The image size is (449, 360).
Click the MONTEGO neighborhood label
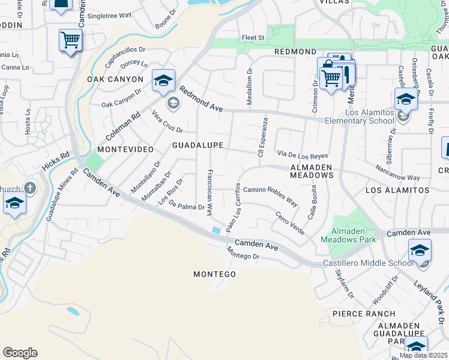(214, 274)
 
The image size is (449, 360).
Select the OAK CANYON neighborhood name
(115, 79)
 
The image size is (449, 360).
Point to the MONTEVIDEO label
(123, 148)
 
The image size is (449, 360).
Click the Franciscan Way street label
(209, 192)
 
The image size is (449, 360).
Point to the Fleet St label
(253, 38)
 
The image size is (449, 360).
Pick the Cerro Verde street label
(290, 223)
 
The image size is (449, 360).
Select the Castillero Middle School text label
(368, 263)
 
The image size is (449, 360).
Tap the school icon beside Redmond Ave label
(163, 80)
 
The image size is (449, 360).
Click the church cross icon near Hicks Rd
(31, 188)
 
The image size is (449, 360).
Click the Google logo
(20, 353)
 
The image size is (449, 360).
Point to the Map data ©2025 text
(423, 355)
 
